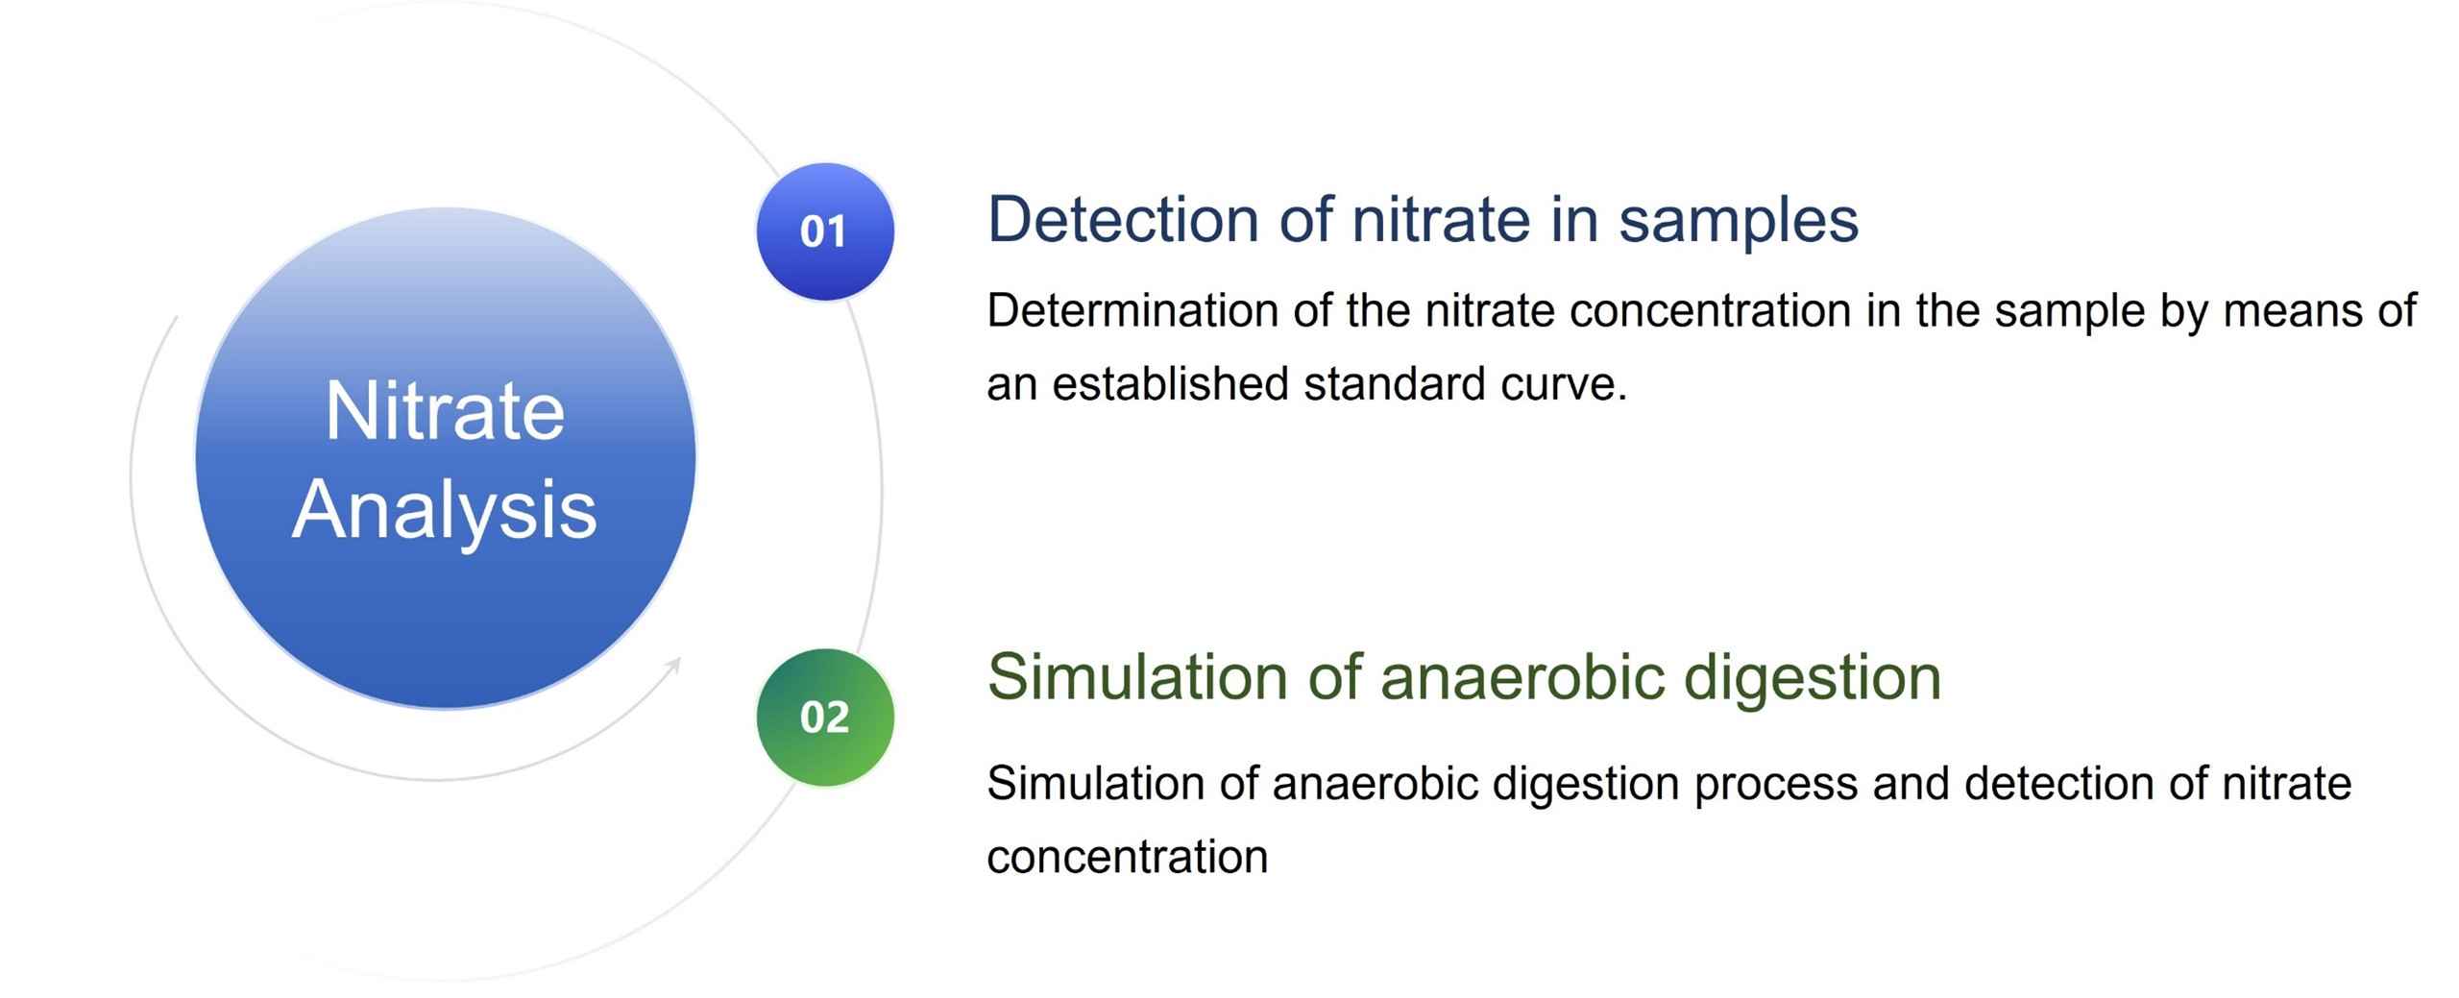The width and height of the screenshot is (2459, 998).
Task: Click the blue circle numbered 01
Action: click(x=824, y=231)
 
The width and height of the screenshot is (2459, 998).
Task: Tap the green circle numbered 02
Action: click(x=824, y=718)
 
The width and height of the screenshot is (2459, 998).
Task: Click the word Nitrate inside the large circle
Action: click(x=445, y=411)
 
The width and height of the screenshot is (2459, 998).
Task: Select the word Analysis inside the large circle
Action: click(x=445, y=511)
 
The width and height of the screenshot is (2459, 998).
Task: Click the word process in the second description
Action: click(x=1774, y=784)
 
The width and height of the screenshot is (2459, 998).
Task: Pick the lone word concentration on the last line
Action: click(x=1127, y=857)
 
